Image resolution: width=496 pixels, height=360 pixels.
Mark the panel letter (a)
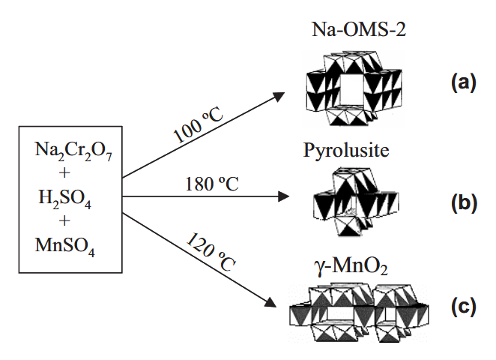[462, 83]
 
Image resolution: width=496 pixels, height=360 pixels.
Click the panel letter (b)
[462, 202]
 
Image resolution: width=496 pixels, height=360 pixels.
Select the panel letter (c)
[462, 308]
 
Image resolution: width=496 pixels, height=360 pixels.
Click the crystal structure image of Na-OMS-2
[351, 88]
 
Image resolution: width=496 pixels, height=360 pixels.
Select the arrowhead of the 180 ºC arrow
[283, 198]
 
